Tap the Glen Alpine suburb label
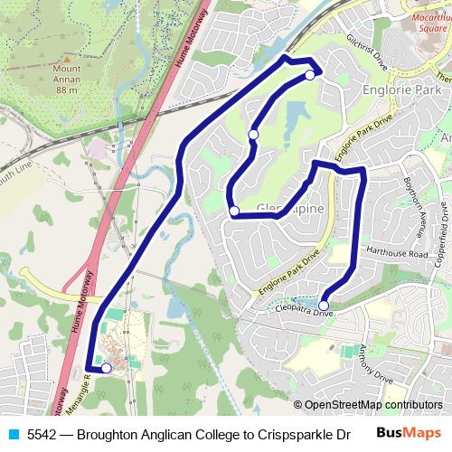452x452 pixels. click(288, 209)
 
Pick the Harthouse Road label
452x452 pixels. click(395, 254)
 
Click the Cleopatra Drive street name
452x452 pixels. click(304, 314)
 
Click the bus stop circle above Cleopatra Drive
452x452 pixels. click(324, 306)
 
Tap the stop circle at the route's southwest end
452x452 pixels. click(107, 368)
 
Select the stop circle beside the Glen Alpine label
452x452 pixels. click(234, 212)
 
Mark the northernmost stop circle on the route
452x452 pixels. click(309, 75)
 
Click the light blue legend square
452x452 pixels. click(13, 432)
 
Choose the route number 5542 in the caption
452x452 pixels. click(42, 432)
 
